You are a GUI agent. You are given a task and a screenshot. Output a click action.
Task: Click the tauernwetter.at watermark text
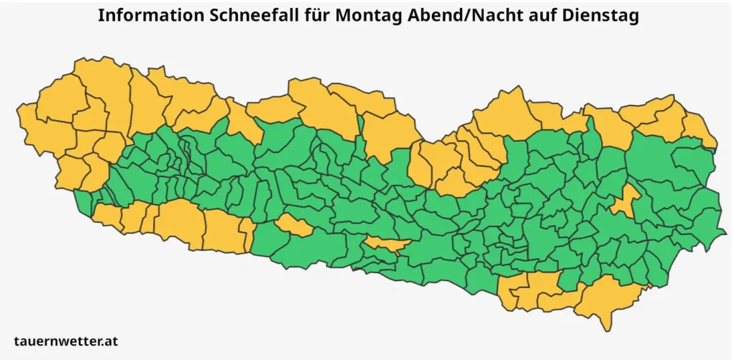pyautogui.click(x=65, y=341)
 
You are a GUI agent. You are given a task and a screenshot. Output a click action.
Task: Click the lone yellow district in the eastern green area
pyautogui.click(x=626, y=200)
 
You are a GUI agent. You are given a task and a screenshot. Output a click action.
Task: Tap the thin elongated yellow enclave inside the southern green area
pyautogui.click(x=387, y=244)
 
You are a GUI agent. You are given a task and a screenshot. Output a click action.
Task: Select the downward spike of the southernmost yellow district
pyautogui.click(x=609, y=323)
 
